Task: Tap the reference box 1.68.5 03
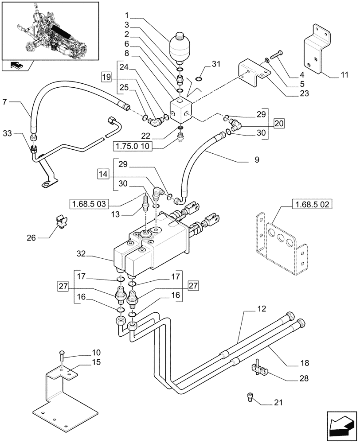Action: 89,204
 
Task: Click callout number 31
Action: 216,64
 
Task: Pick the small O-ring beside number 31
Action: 199,79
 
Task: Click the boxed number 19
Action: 106,77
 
